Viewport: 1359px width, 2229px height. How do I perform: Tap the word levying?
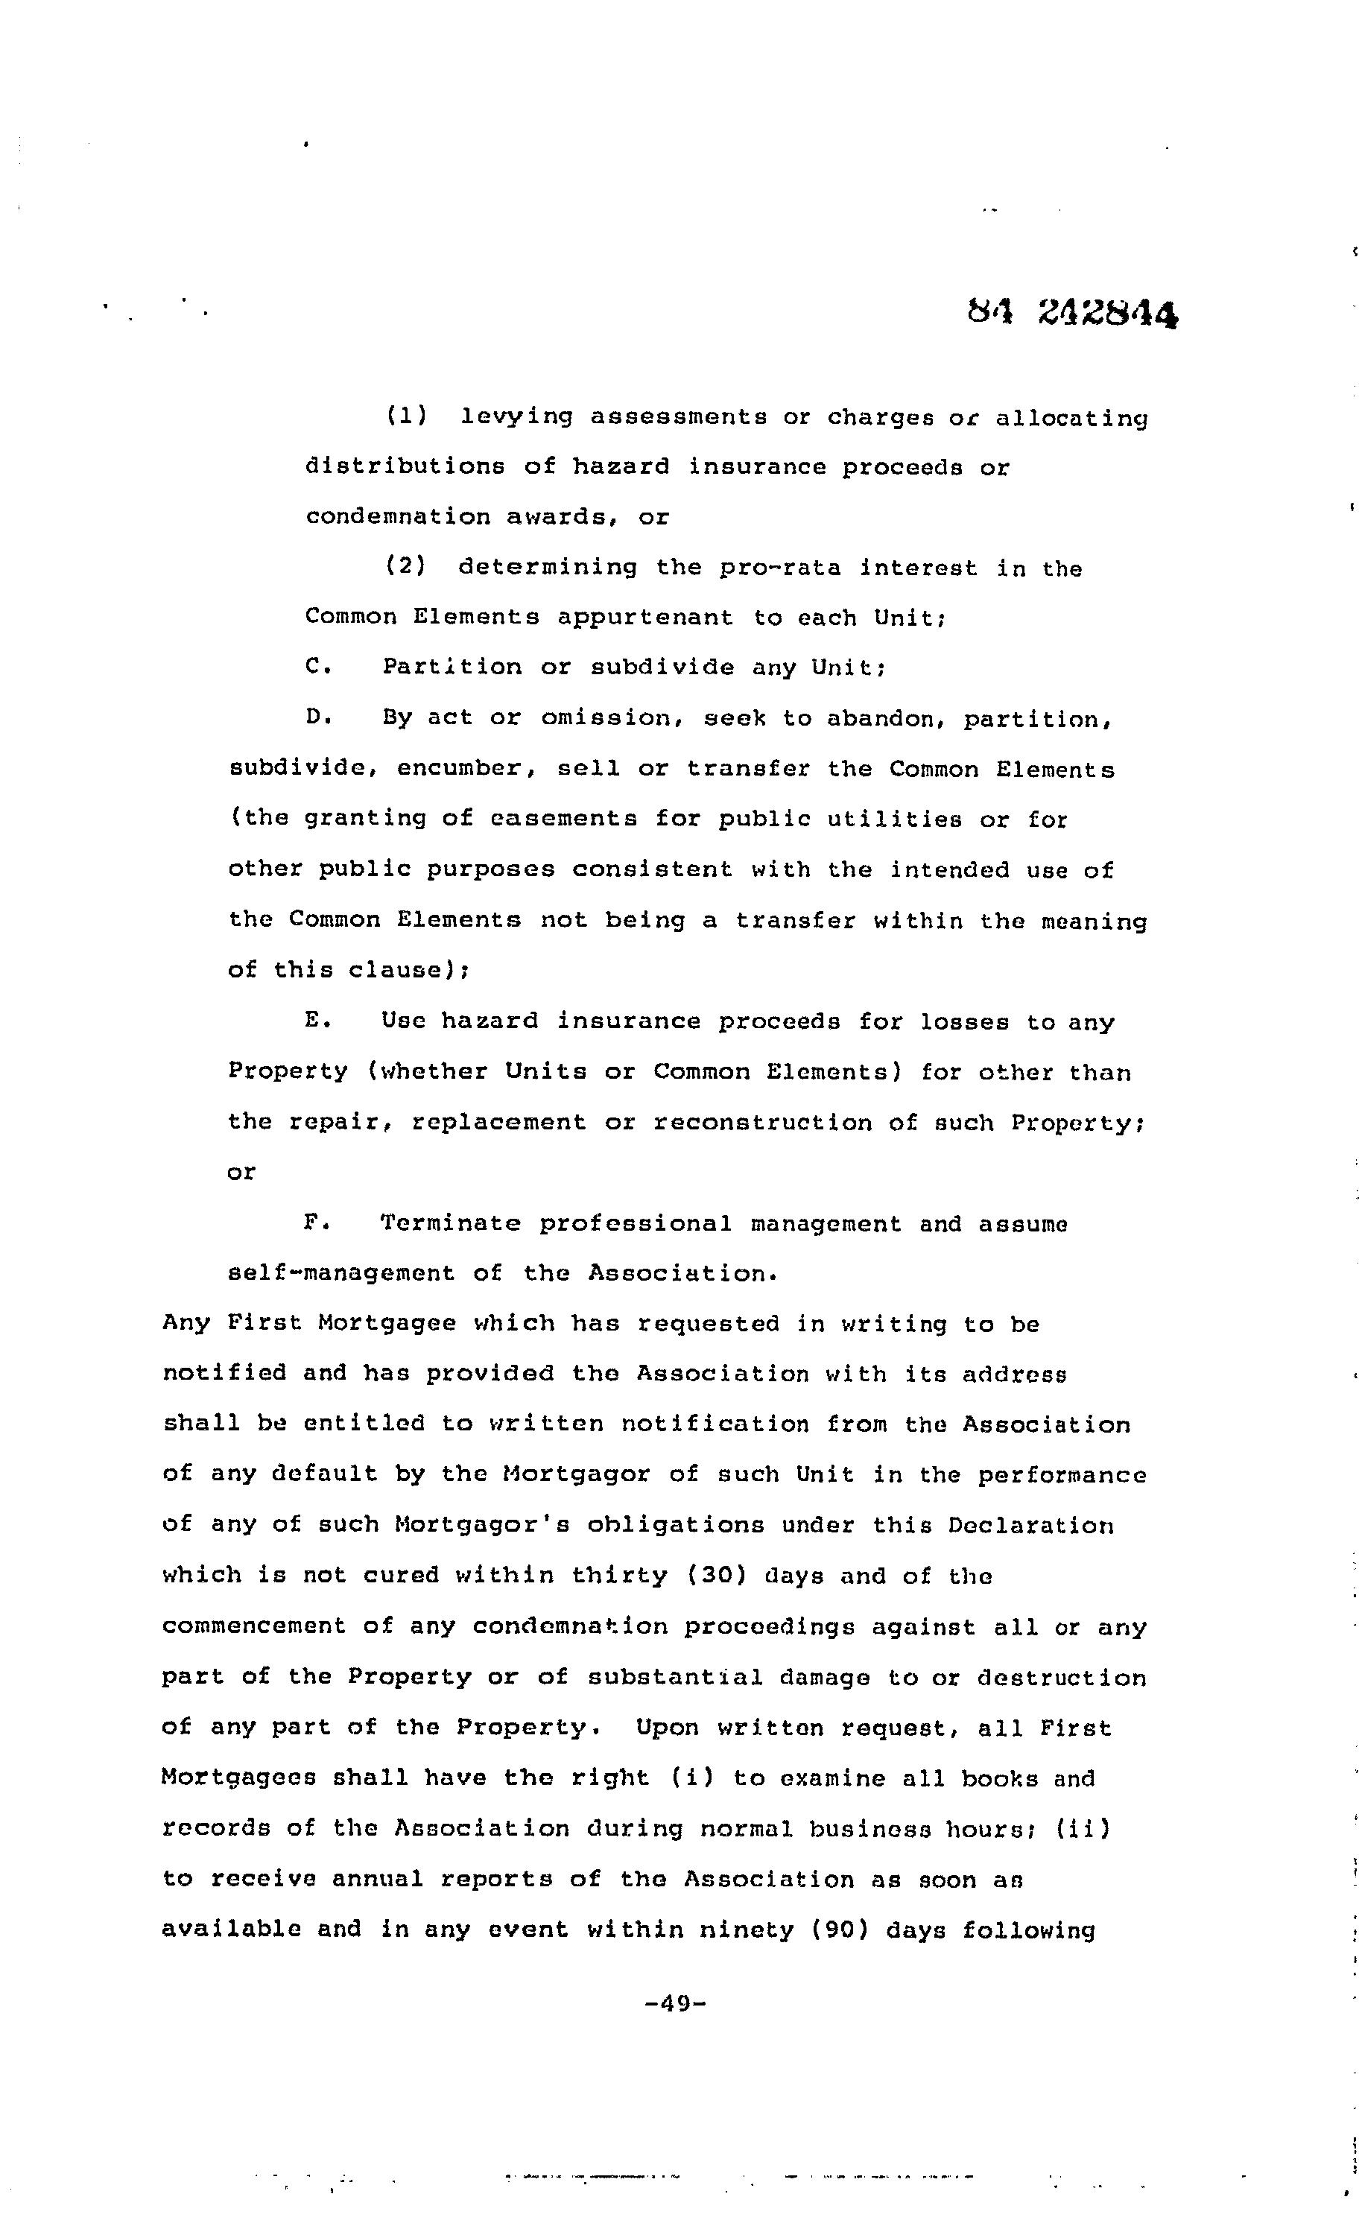(x=516, y=417)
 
